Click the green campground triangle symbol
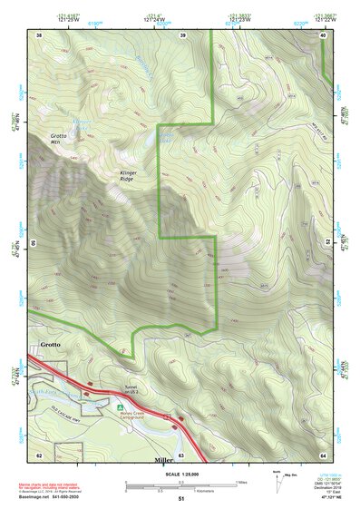click(120, 407)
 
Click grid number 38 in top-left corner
click(39, 34)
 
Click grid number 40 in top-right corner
click(323, 34)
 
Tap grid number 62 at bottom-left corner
click(39, 454)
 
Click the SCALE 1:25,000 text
click(180, 475)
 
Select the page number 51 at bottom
click(180, 498)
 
